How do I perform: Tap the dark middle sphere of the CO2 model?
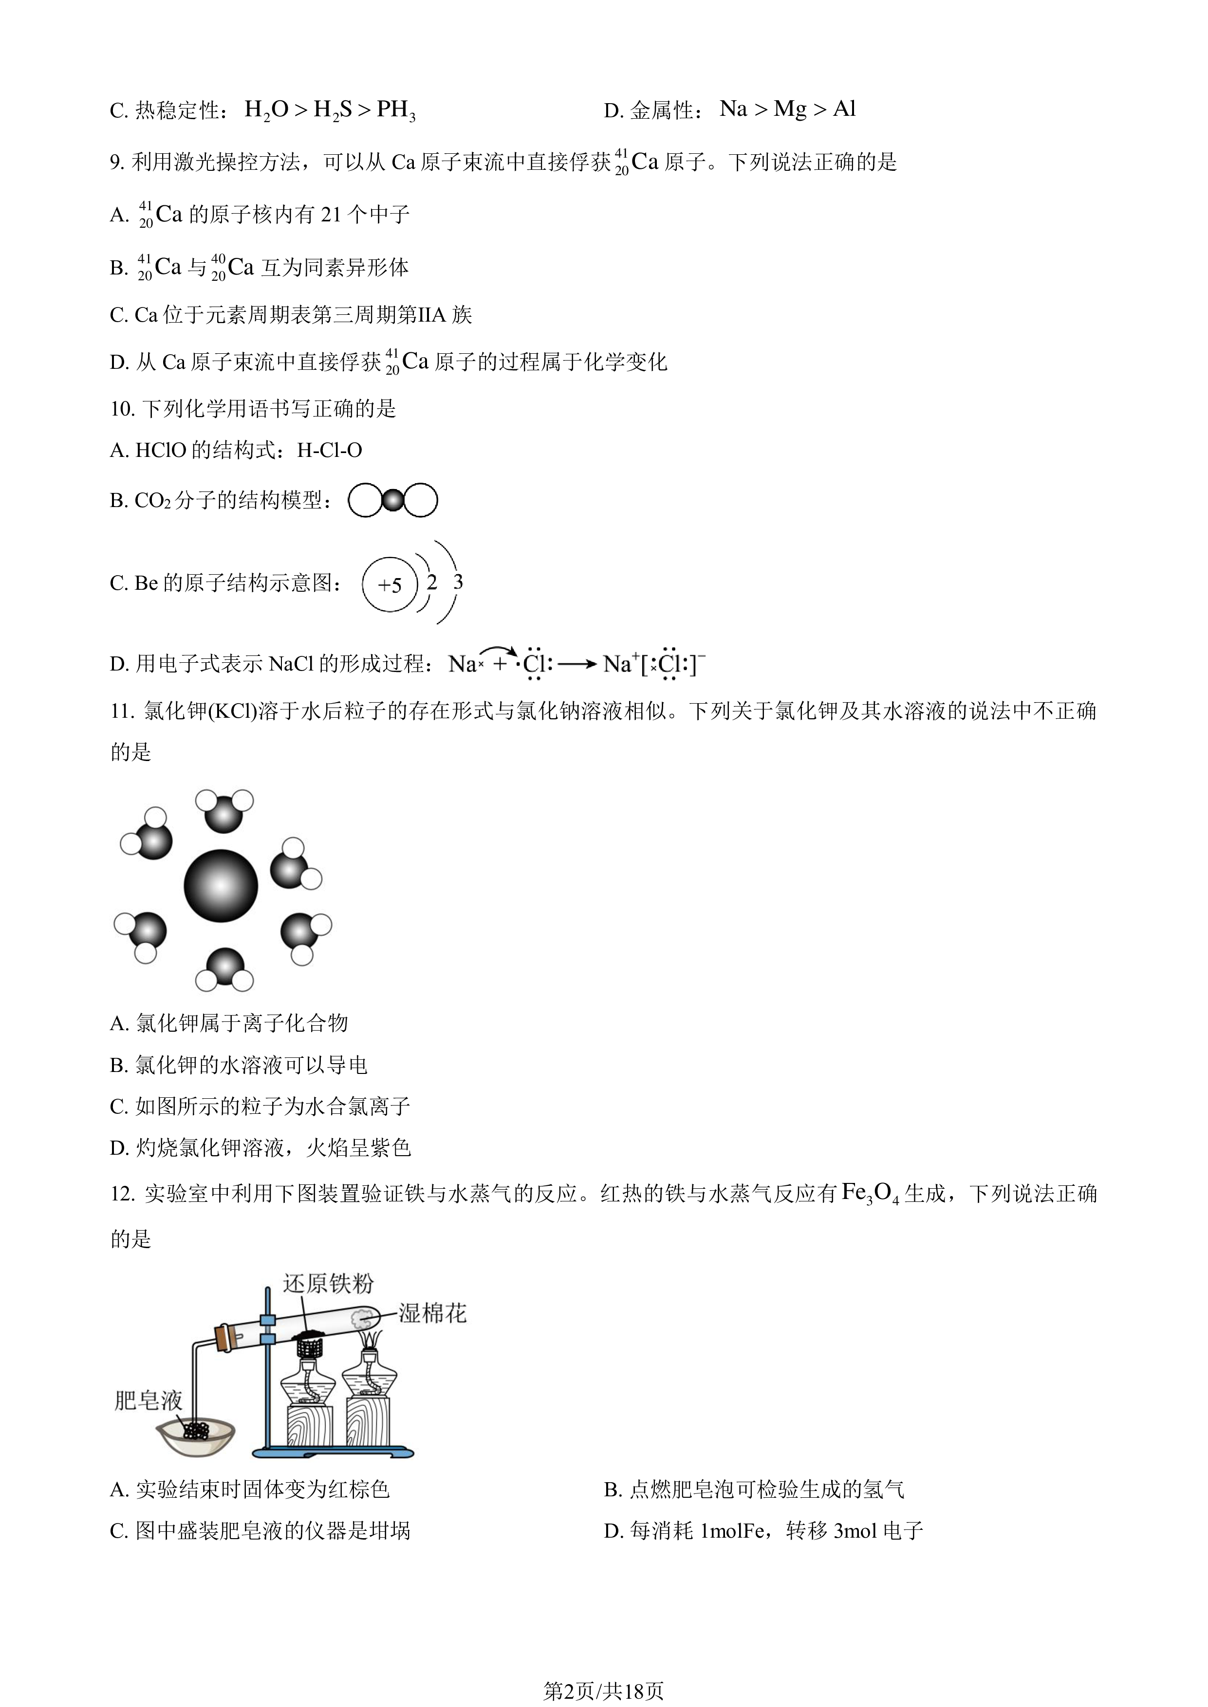coord(393,500)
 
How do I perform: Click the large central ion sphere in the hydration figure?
coord(221,886)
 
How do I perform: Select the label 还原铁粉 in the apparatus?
coord(328,1283)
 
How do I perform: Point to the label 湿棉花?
coord(432,1313)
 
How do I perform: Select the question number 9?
coord(117,162)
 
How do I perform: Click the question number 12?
coord(123,1194)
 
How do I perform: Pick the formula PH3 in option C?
coord(396,110)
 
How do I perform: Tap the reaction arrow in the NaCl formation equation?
coord(577,664)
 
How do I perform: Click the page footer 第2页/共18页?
coord(603,1691)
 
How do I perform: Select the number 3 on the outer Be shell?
coord(458,581)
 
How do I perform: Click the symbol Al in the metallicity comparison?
coord(844,109)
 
